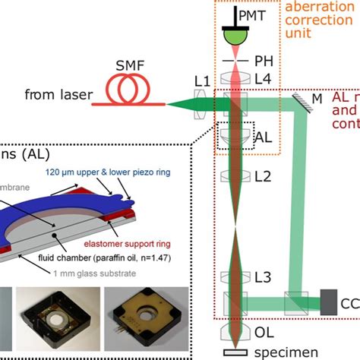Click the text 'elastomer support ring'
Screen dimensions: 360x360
coord(125,224)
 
